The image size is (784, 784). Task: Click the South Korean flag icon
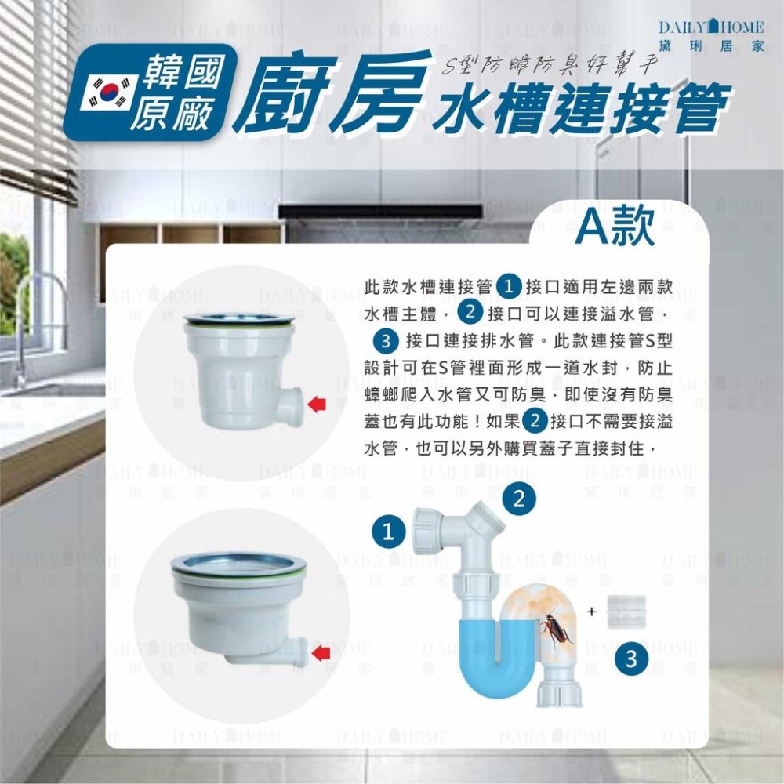[110, 93]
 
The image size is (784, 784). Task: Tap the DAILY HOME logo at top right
[712, 36]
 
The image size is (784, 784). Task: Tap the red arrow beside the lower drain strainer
[321, 652]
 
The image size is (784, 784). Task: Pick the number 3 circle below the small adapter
[631, 661]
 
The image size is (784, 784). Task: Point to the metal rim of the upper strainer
[239, 319]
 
